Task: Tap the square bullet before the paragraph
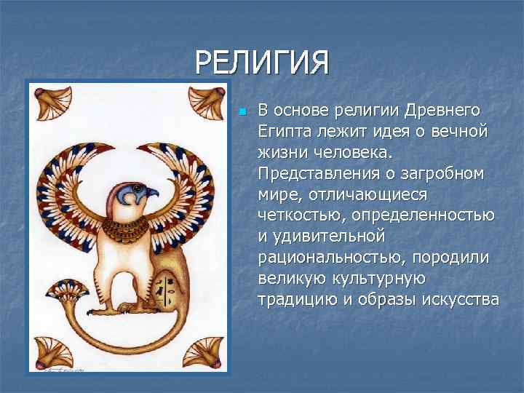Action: click(x=242, y=112)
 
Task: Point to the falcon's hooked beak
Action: click(x=151, y=194)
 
